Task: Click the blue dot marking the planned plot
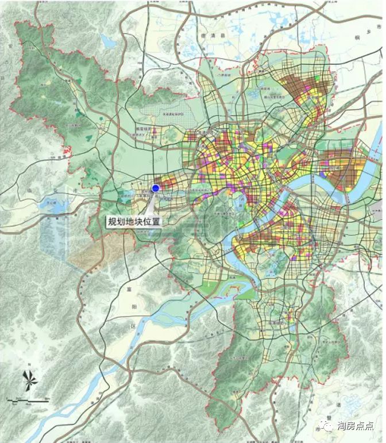click(x=155, y=188)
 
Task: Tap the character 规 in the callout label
click(x=111, y=221)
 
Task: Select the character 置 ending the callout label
click(x=156, y=221)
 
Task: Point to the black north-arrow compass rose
click(x=29, y=380)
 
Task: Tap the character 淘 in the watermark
click(x=341, y=426)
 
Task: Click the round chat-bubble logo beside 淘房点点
click(x=325, y=426)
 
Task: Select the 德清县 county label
click(x=196, y=36)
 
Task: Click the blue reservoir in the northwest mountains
click(x=107, y=40)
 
